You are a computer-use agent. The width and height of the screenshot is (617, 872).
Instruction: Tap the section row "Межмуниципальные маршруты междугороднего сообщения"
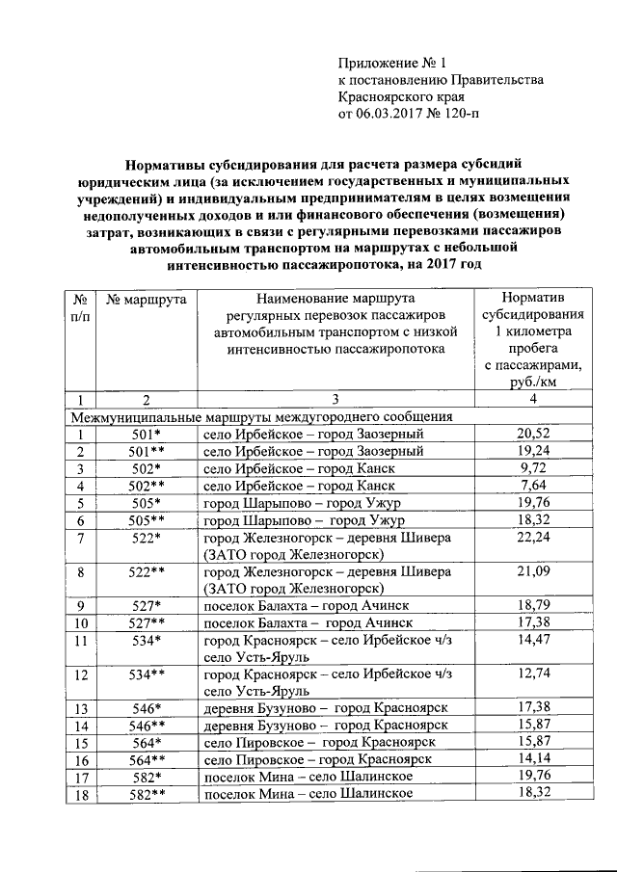coord(261,417)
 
